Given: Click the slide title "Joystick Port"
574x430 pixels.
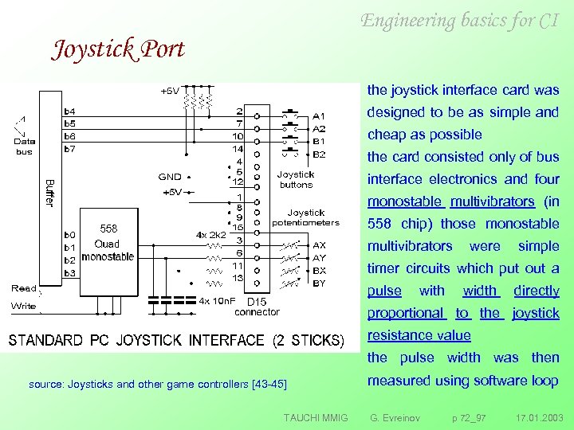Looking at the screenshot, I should pyautogui.click(x=118, y=49).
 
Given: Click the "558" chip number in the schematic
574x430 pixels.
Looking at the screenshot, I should pyautogui.click(x=108, y=229).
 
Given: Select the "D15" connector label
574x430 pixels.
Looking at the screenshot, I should pyautogui.click(x=256, y=302).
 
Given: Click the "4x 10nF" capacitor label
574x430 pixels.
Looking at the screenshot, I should pyautogui.click(x=217, y=301).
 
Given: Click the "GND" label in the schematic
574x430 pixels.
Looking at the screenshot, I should pyautogui.click(x=170, y=177).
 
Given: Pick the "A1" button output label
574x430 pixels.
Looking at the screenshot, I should pyautogui.click(x=319, y=115).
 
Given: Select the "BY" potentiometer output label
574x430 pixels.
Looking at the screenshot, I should pyautogui.click(x=319, y=283).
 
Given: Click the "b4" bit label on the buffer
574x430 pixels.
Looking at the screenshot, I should pyautogui.click(x=70, y=111).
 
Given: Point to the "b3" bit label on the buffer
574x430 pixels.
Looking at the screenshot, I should pyautogui.click(x=70, y=273).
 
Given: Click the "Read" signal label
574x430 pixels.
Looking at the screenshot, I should pyautogui.click(x=23, y=288).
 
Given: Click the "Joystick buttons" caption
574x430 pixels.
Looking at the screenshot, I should pyautogui.click(x=296, y=179).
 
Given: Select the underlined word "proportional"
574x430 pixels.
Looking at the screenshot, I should pyautogui.click(x=405, y=313).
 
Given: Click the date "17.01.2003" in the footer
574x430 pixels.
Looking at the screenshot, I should pyautogui.click(x=539, y=417).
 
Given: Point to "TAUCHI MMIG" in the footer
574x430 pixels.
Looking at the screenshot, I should pyautogui.click(x=315, y=417).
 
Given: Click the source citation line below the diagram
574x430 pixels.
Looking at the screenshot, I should pyautogui.click(x=157, y=384).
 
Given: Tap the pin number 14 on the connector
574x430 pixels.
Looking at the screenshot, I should pyautogui.click(x=238, y=149).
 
